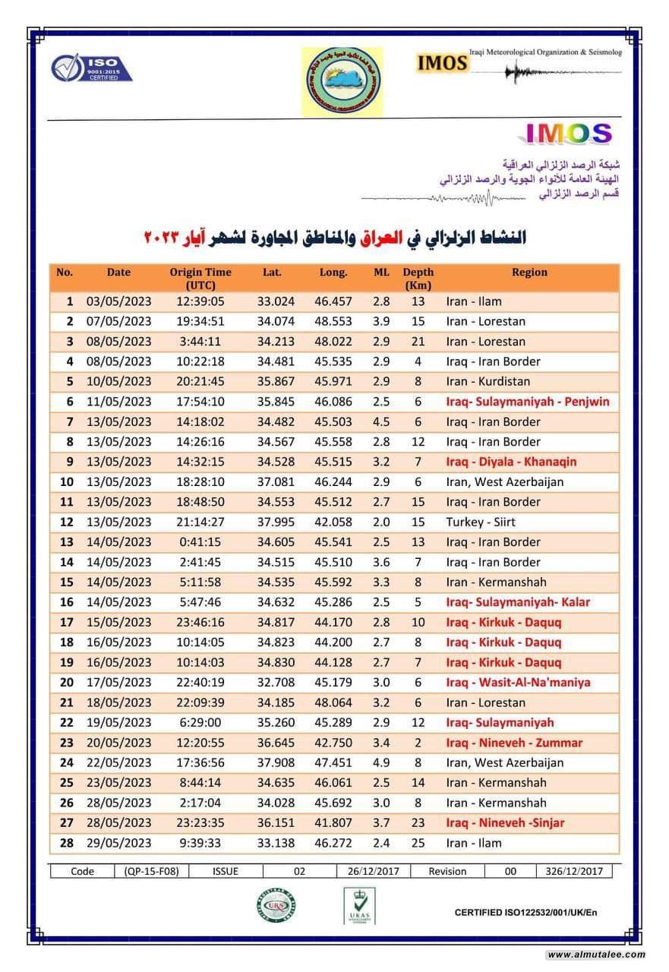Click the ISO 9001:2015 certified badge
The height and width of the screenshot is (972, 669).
91,68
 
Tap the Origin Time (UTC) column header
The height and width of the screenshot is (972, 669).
200,278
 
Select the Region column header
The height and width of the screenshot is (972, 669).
529,272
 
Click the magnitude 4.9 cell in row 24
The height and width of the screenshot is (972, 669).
381,762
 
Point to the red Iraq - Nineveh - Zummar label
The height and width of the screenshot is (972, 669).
514,743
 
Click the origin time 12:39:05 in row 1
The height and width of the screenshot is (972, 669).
200,301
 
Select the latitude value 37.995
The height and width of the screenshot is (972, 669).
275,522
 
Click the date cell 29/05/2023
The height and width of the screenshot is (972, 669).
118,843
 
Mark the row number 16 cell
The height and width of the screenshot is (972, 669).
66,602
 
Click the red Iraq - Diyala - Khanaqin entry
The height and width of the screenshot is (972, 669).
511,462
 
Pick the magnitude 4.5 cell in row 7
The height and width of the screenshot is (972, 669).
381,421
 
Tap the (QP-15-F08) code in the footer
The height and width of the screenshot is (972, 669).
151,871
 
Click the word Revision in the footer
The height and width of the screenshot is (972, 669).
447,871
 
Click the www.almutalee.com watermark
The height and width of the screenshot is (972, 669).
596,955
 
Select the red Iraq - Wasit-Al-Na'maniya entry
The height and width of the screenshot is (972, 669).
518,683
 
